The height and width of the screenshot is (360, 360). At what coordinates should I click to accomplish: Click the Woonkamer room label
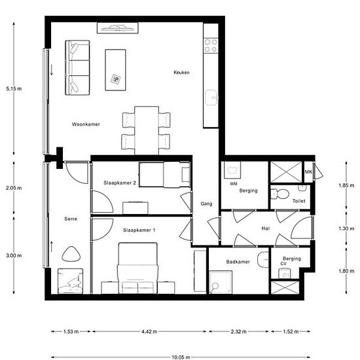pos(86,124)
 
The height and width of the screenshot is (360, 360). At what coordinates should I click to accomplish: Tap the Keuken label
pos(181,72)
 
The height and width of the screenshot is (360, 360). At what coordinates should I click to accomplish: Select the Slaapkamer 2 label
pos(120,183)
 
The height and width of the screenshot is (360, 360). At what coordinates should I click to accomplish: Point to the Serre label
pos(71,219)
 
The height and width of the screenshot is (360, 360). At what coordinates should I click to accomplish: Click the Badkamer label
pos(238,262)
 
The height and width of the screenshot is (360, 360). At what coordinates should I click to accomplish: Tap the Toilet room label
pos(299,201)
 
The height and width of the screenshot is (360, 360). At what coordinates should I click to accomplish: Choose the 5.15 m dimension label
pos(14,88)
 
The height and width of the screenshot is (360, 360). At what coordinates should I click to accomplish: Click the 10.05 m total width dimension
pos(181,357)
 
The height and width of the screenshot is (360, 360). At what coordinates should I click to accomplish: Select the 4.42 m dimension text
pos(149,332)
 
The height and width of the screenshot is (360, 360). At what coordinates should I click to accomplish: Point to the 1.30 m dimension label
pos(346,228)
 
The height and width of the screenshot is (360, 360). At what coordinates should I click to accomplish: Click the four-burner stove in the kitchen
pos(211,45)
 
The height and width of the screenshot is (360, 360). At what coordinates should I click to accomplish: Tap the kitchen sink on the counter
pos(211,98)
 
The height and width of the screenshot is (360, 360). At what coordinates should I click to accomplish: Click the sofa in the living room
pos(77,67)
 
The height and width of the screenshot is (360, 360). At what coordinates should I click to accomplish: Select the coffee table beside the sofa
pos(115,70)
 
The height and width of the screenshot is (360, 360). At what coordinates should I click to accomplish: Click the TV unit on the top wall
pos(118,28)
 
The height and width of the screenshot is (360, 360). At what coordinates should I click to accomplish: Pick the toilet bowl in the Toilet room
pos(279,194)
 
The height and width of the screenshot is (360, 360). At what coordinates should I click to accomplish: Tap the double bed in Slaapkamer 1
pos(137,268)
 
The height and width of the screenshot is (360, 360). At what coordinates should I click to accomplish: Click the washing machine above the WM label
pos(232,170)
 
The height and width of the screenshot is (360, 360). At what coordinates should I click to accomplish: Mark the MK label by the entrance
pos(308,171)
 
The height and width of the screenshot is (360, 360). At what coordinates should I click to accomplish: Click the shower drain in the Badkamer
pos(215,286)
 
